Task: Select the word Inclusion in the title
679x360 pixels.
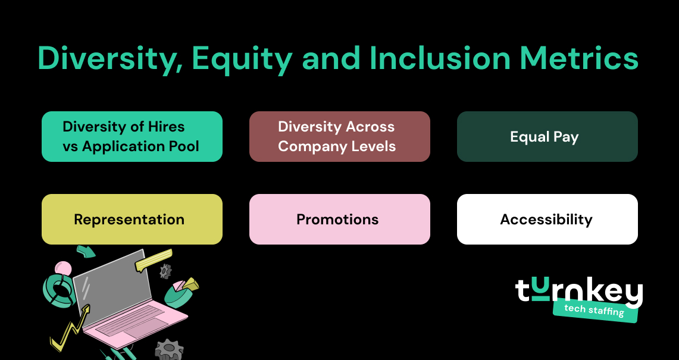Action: (439, 59)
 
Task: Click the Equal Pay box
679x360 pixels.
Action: (547, 137)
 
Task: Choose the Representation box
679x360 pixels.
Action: (132, 220)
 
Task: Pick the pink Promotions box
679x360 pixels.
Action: (339, 220)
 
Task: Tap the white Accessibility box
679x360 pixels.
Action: (547, 220)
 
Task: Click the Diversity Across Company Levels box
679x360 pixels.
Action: (339, 137)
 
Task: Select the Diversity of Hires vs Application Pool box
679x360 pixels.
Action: (132, 137)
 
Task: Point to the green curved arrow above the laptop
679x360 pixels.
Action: (86, 251)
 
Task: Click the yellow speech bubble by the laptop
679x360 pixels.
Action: (154, 261)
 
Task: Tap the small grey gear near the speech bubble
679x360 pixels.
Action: (165, 271)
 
